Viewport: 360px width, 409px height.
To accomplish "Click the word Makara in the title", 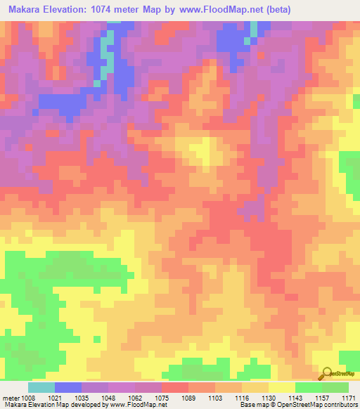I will [x=28, y=10].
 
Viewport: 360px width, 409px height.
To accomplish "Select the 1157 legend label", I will [x=322, y=398].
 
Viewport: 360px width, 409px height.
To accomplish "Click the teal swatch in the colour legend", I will [x=41, y=387].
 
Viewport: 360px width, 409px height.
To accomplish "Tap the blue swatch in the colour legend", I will [x=67, y=387].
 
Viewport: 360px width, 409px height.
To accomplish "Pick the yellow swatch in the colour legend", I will [x=281, y=387].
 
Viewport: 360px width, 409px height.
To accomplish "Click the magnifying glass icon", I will [x=327, y=373].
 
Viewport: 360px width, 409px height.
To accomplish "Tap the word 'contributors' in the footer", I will [x=340, y=405].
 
